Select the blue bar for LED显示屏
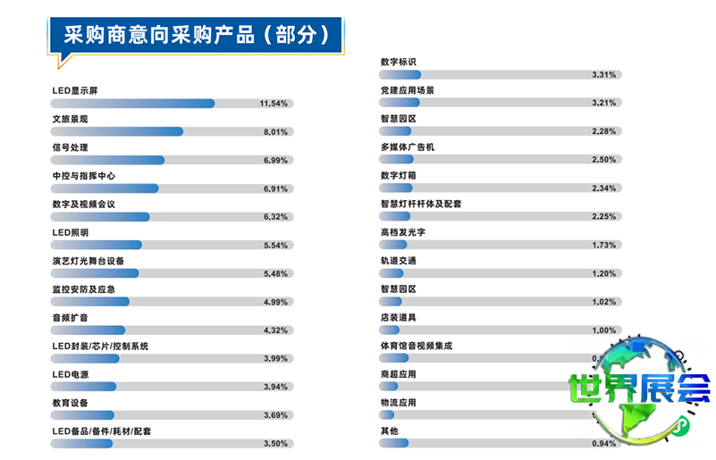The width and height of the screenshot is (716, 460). click(x=133, y=104)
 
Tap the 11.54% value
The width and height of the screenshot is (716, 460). click(x=273, y=104)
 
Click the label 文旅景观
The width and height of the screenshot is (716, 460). click(x=70, y=119)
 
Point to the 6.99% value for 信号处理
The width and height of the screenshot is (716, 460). click(x=274, y=161)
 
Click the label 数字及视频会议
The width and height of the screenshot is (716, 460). click(x=84, y=205)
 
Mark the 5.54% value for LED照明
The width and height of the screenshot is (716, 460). click(x=274, y=246)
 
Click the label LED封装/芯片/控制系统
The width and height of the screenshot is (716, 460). click(x=100, y=346)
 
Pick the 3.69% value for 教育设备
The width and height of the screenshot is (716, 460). click(x=274, y=415)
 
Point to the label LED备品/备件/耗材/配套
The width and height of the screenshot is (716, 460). click(x=102, y=431)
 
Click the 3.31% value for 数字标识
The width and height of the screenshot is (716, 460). click(x=604, y=75)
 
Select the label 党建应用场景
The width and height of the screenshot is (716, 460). click(x=408, y=90)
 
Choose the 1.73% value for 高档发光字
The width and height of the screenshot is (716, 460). click(x=604, y=246)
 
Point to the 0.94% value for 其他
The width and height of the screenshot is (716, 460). click(x=604, y=444)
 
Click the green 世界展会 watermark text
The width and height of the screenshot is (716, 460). click(x=639, y=387)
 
